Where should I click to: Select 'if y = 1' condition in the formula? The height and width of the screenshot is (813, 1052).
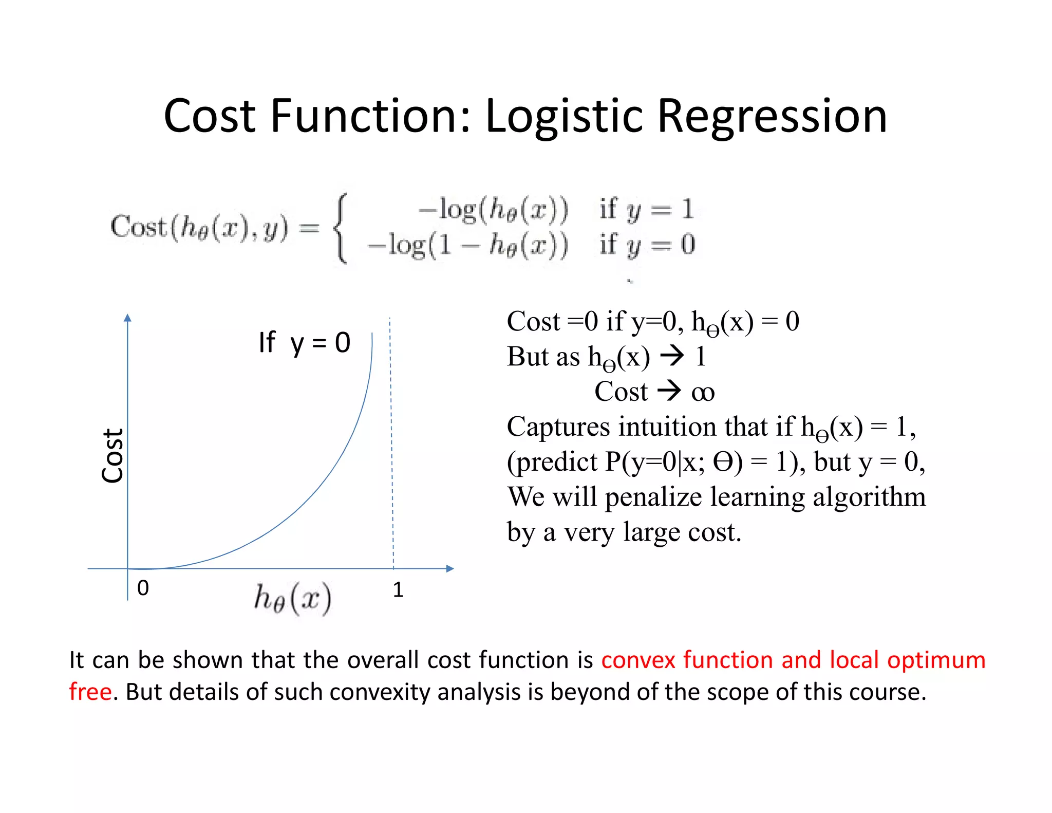[x=646, y=209]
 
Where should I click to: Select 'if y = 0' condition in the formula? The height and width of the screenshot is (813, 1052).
[x=647, y=245]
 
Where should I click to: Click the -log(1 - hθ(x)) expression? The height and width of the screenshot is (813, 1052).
[x=467, y=245]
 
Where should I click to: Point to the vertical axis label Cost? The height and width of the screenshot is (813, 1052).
[x=112, y=455]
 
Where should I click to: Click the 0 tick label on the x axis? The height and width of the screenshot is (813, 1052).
[x=143, y=588]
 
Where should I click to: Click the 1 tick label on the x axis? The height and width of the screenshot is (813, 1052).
[x=398, y=589]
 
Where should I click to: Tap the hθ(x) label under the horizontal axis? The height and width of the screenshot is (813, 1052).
[x=293, y=599]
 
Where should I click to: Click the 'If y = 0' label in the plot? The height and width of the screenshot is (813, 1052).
[x=304, y=342]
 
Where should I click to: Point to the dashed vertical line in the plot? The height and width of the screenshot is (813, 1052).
[x=391, y=442]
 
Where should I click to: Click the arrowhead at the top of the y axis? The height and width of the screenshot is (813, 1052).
[x=128, y=318]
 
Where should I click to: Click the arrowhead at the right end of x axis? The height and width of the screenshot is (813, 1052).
[x=450, y=568]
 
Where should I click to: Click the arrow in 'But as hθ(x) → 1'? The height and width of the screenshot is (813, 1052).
[x=672, y=356]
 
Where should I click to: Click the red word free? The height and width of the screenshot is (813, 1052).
[x=90, y=692]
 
